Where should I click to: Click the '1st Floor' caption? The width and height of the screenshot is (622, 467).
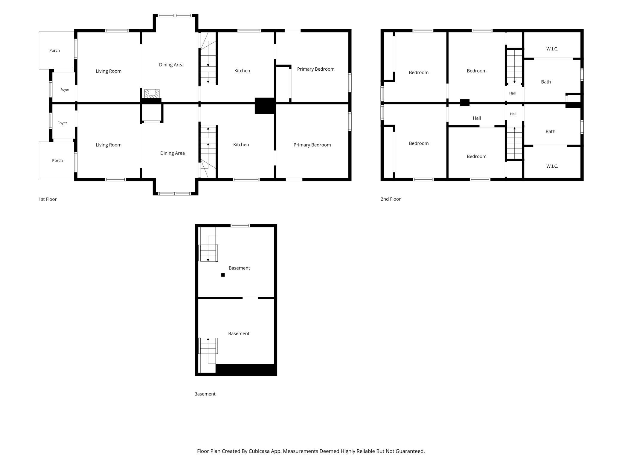tap(48, 199)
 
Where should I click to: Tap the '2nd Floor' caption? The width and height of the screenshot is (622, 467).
tap(391, 199)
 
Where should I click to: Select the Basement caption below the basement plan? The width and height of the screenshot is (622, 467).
tap(205, 394)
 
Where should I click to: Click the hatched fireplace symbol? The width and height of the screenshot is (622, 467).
tap(152, 93)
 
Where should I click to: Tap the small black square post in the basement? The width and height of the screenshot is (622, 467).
tap(223, 275)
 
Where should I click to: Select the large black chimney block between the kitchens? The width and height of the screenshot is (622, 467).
tap(265, 106)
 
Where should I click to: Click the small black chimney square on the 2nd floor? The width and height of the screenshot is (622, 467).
tap(465, 103)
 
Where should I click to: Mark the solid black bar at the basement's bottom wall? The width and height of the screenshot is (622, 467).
tap(245, 369)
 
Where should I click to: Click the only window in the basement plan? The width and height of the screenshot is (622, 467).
tap(240, 225)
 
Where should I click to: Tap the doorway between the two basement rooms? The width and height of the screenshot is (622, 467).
tap(250, 298)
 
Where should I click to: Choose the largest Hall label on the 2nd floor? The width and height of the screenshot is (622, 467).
tap(477, 118)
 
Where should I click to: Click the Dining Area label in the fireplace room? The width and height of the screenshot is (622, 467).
tap(171, 65)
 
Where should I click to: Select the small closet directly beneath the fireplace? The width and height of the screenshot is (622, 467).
tap(152, 113)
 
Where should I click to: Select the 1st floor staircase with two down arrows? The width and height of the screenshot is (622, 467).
tap(208, 58)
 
